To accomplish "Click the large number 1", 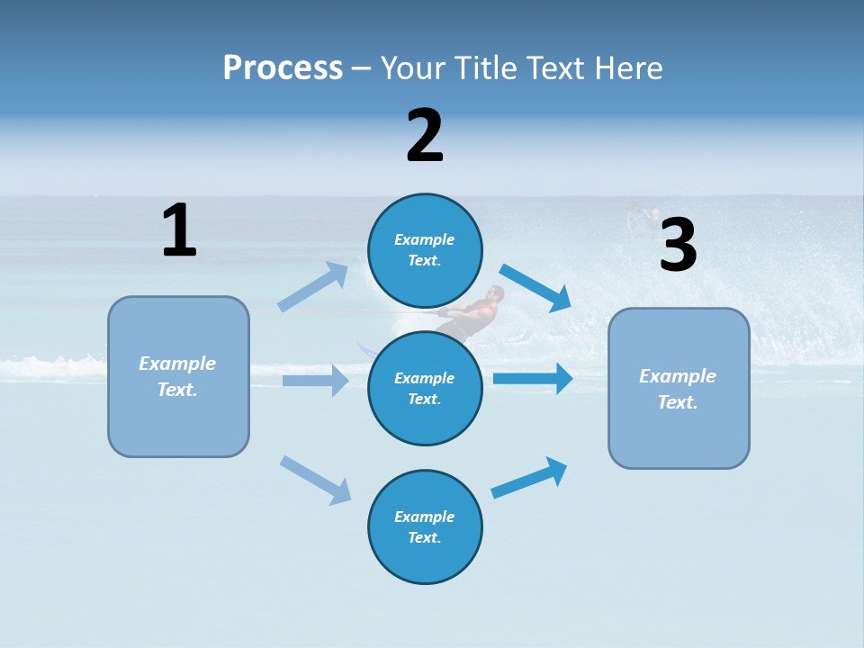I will (x=179, y=230).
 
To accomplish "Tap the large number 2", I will (x=425, y=136).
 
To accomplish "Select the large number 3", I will (x=678, y=246).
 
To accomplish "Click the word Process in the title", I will (x=283, y=67).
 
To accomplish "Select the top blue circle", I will (x=425, y=250).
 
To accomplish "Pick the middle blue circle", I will (x=425, y=388).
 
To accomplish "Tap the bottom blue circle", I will (x=425, y=526).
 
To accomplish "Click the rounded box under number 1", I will (x=178, y=376).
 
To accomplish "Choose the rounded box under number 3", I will (x=679, y=389).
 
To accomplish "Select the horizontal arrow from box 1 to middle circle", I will (x=315, y=381).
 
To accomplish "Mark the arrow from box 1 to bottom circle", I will (x=316, y=480).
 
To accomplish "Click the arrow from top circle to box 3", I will (x=535, y=287).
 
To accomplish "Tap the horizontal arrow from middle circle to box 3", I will (x=533, y=379).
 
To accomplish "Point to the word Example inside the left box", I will (x=177, y=364).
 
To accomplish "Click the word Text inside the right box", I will (x=678, y=402).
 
